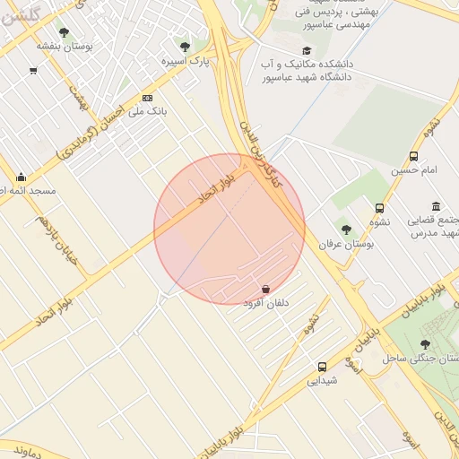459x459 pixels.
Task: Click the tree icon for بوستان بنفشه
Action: pos(64,32)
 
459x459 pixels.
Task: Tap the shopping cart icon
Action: pos(33,71)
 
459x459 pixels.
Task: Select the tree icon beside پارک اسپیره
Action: pos(185,47)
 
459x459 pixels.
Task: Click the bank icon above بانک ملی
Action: pos(147,98)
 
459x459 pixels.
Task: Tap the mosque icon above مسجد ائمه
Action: pos(21,177)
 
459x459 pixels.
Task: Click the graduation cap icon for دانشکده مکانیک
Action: pos(307,51)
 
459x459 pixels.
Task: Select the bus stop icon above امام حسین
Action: pos(413,156)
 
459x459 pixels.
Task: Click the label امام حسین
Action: pos(413,169)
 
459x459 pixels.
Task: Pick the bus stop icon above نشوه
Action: pos(379,208)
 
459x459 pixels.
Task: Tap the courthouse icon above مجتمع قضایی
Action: pos(436,206)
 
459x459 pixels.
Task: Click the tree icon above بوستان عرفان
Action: pos(346,229)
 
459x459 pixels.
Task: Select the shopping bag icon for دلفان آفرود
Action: pos(266,289)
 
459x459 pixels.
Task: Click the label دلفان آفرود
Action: pos(266,303)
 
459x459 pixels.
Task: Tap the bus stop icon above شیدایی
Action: pos(322,367)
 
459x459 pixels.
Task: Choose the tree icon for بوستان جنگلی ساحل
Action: pos(425,344)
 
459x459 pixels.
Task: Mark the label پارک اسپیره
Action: pos(185,61)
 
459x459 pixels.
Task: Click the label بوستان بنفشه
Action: pos(65,46)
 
